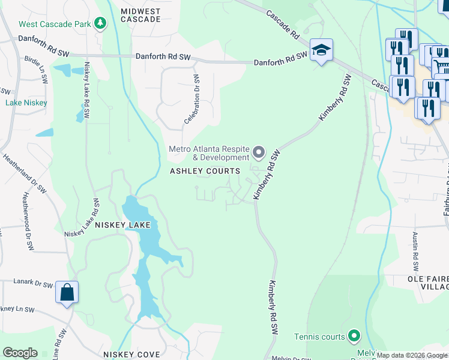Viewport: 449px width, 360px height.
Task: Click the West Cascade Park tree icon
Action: click(x=101, y=24)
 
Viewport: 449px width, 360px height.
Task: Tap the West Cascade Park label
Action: click(x=56, y=25)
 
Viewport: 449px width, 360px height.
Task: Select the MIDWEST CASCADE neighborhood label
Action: click(x=140, y=15)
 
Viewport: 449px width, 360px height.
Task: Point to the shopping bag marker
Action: click(x=67, y=292)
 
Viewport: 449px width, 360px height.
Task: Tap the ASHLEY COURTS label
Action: click(x=205, y=171)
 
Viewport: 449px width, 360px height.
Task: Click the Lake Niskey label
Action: click(x=26, y=103)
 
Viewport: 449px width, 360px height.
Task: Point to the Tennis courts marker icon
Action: click(x=354, y=336)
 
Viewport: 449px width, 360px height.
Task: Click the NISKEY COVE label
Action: click(x=131, y=354)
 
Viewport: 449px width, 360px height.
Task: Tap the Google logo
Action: click(x=20, y=353)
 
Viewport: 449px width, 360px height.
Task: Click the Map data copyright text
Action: click(x=412, y=355)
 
